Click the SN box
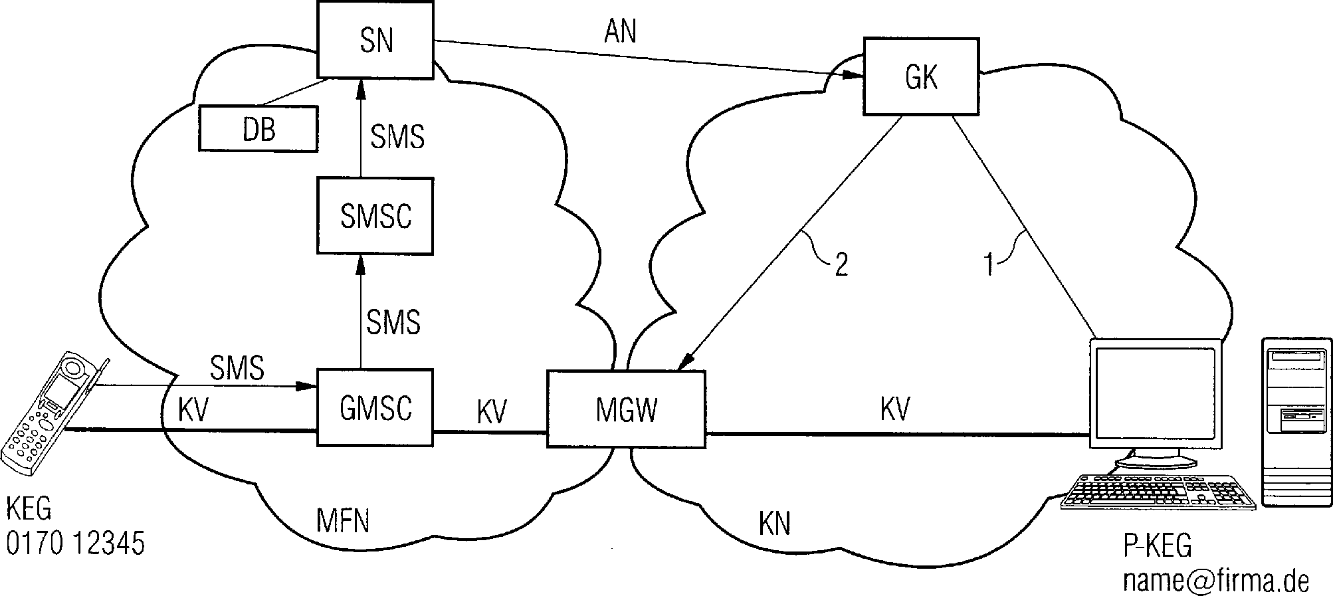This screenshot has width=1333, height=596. tap(375, 40)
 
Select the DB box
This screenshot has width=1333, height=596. tap(258, 130)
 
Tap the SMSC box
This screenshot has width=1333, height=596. tap(375, 216)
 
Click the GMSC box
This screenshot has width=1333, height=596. tap(375, 407)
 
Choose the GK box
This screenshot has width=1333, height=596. tap(921, 77)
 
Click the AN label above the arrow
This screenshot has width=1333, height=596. tap(620, 31)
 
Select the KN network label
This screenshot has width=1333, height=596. tap(774, 524)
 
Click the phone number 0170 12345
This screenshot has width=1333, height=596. tap(75, 544)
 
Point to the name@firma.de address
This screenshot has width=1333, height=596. tap(1215, 581)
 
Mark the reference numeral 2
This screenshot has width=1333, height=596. tap(841, 265)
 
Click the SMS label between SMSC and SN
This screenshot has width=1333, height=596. tap(397, 137)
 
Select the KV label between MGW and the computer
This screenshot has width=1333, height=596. tap(894, 409)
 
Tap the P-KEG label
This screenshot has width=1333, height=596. tap(1158, 546)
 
